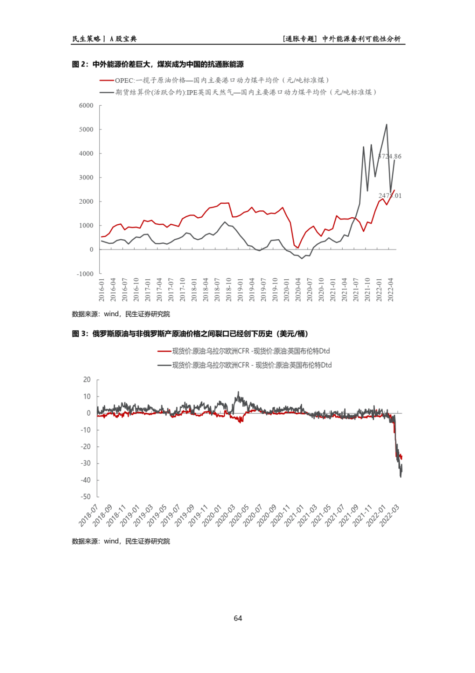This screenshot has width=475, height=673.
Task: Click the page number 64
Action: [238, 618]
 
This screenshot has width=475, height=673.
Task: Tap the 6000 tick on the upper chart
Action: [86, 106]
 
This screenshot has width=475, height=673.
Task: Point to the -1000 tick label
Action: [85, 274]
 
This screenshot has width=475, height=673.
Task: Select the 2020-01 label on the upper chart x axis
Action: [287, 289]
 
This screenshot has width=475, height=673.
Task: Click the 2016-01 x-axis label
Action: [102, 289]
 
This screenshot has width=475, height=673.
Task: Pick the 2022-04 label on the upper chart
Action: [391, 289]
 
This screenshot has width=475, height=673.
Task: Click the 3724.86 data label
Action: [390, 156]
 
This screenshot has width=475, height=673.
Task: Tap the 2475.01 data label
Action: [390, 196]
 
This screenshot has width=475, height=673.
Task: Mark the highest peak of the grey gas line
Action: [387, 124]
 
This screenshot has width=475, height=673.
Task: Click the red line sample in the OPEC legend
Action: [107, 80]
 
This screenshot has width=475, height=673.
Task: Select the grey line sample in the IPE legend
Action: [107, 92]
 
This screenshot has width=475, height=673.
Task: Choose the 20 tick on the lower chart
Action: [87, 380]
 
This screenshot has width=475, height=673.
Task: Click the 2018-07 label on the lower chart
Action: [88, 516]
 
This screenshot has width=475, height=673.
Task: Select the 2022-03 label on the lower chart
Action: [389, 516]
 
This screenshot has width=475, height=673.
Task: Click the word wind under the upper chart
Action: [111, 314]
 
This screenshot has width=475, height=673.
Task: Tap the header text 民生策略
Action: [86, 39]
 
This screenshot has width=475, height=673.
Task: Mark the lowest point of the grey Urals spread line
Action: [400, 477]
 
